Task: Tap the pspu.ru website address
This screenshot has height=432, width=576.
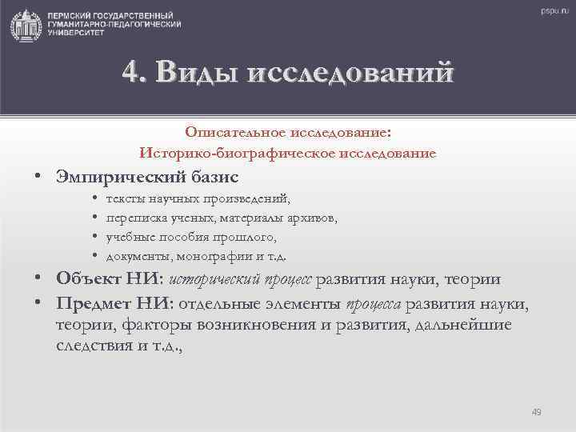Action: pyautogui.click(x=547, y=11)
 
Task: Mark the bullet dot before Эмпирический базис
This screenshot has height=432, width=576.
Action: pyautogui.click(x=38, y=175)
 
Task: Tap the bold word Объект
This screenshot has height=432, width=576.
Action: pyautogui.click(x=86, y=279)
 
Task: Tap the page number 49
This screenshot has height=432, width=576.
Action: pyautogui.click(x=536, y=413)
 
